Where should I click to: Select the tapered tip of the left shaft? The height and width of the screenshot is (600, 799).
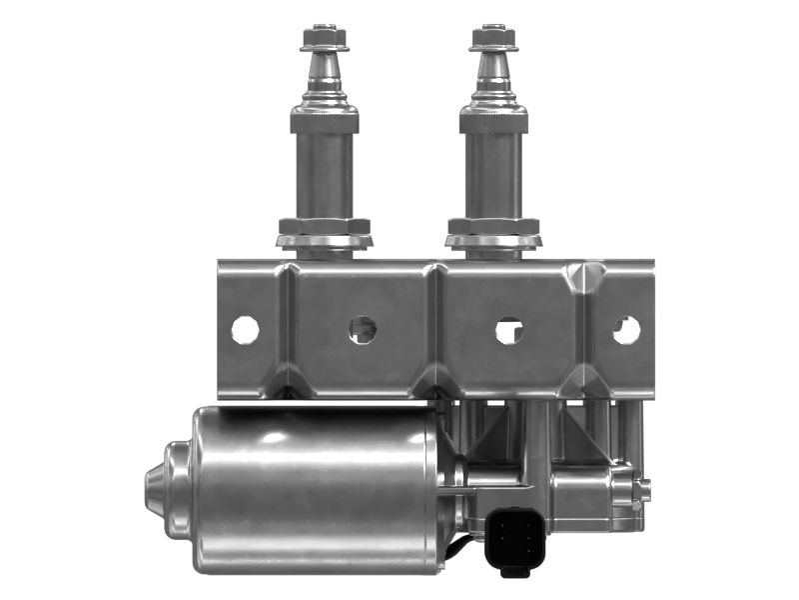pyautogui.click(x=325, y=70)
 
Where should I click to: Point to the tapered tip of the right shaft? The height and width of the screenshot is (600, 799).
pyautogui.click(x=493, y=70)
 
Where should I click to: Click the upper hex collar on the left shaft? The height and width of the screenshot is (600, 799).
pyautogui.click(x=325, y=121)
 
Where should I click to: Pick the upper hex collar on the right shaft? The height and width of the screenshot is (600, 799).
pyautogui.click(x=493, y=121)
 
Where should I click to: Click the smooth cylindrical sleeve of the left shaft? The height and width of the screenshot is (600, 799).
pyautogui.click(x=325, y=175)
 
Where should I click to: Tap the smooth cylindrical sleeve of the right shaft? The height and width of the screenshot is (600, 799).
pyautogui.click(x=493, y=175)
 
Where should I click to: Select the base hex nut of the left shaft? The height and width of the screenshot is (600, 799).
pyautogui.click(x=325, y=226)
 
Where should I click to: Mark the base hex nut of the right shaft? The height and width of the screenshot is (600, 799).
pyautogui.click(x=493, y=226)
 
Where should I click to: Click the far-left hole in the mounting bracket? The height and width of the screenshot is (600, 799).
pyautogui.click(x=245, y=329)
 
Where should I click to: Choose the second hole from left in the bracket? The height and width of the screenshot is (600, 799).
pyautogui.click(x=363, y=329)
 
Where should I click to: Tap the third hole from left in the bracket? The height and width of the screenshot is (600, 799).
pyautogui.click(x=509, y=330)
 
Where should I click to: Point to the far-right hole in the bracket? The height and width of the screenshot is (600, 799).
pyautogui.click(x=626, y=329)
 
